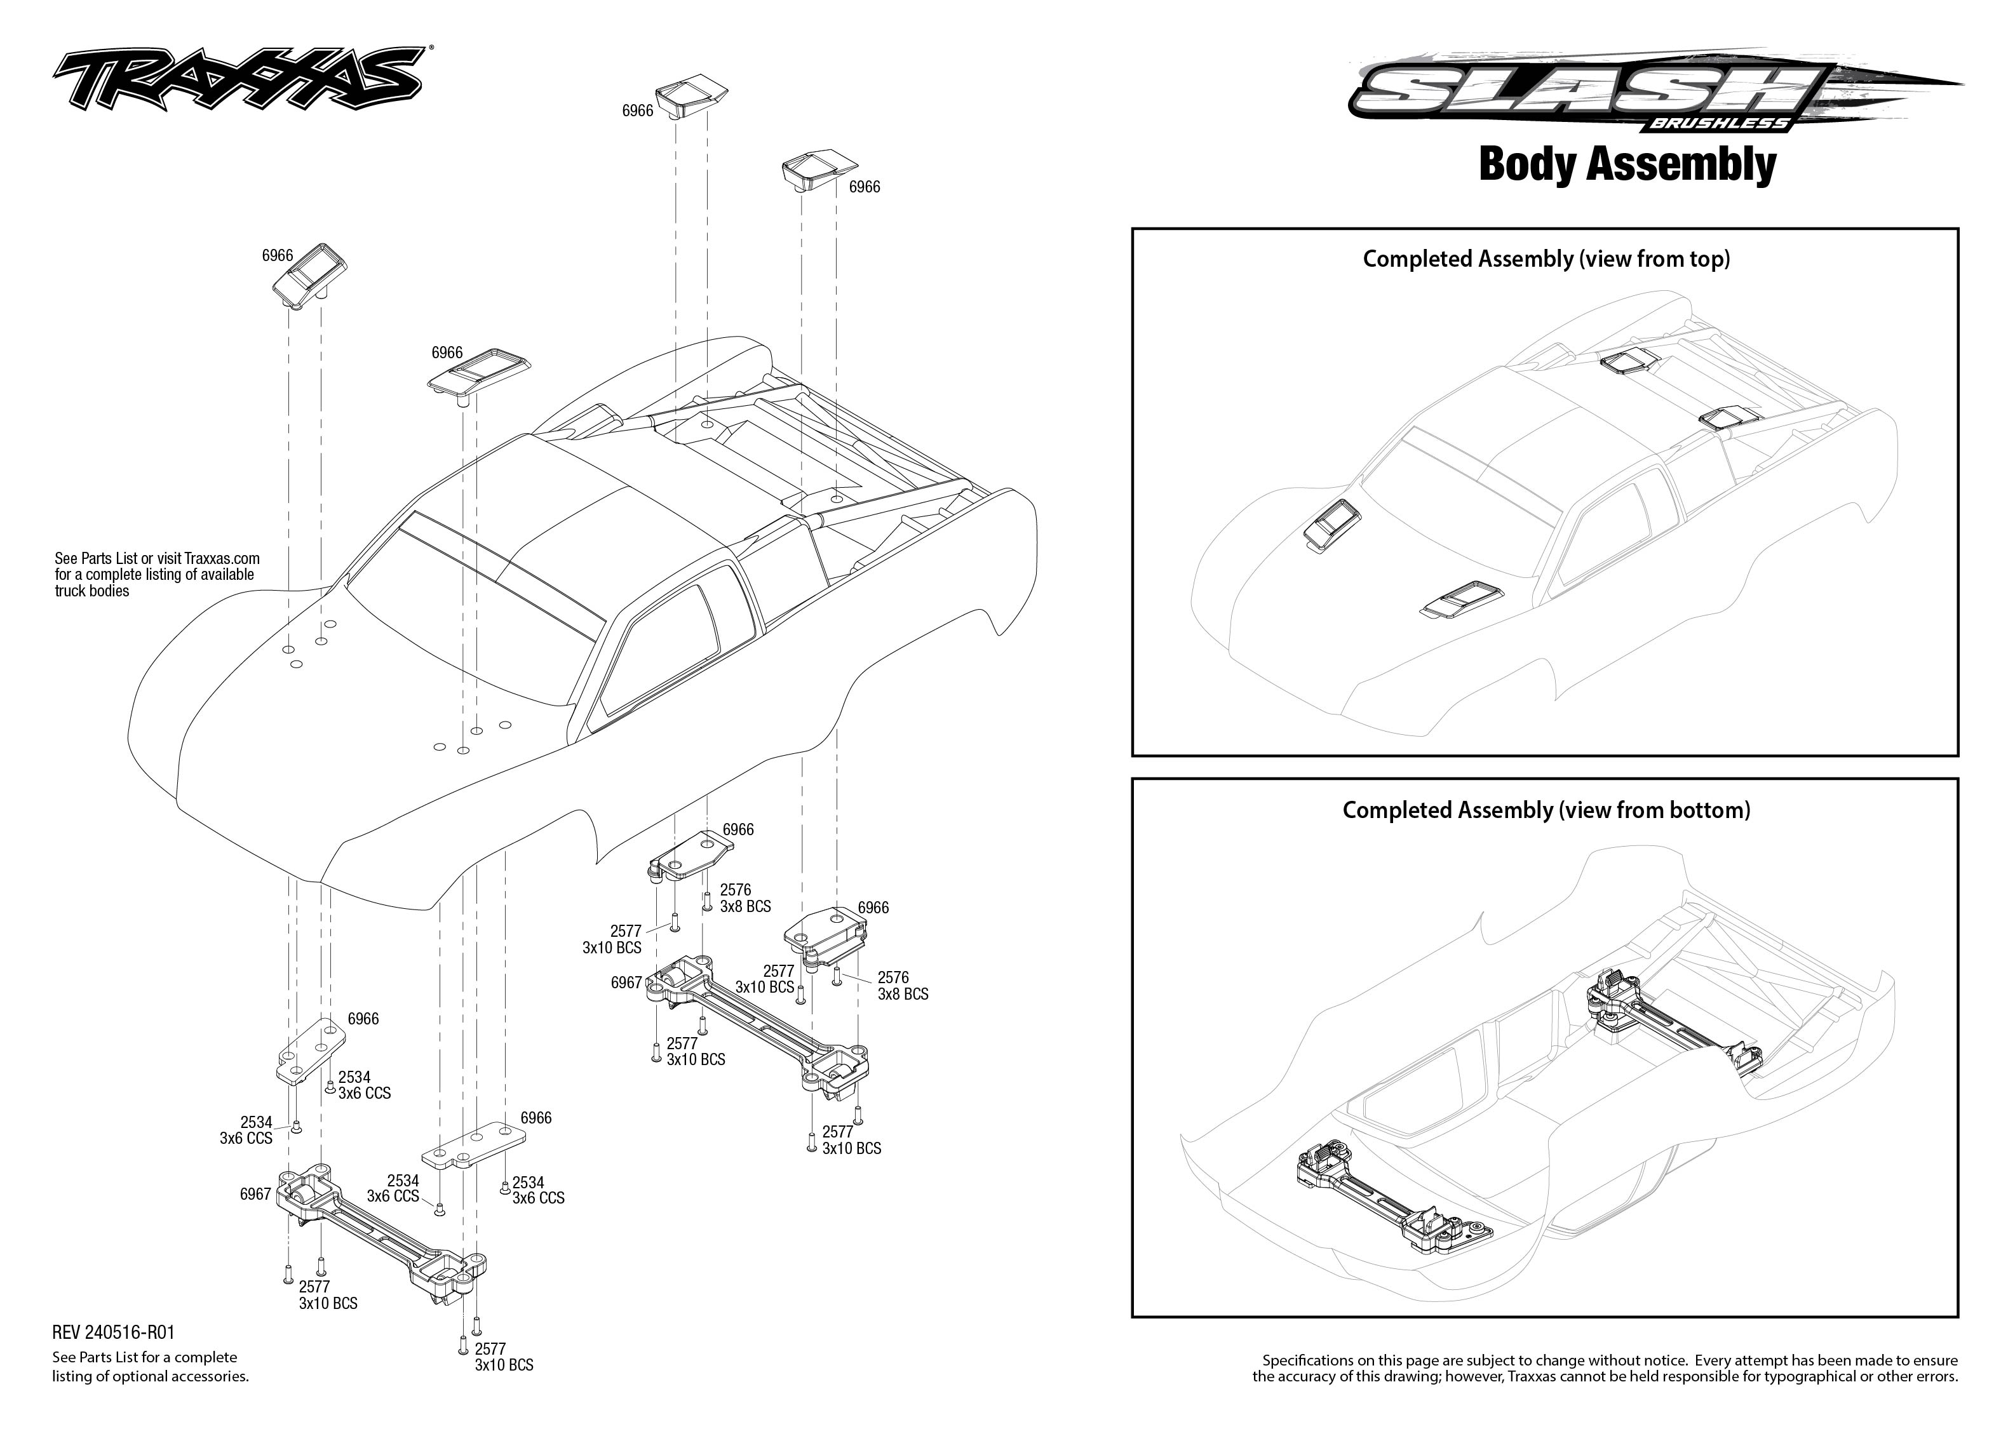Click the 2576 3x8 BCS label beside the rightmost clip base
point(902,986)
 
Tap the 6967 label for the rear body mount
point(626,982)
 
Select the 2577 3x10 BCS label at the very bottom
point(503,1356)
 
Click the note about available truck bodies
point(157,575)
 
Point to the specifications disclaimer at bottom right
point(1605,1368)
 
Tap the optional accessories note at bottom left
point(149,1367)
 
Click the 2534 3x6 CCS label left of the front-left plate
point(246,1130)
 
